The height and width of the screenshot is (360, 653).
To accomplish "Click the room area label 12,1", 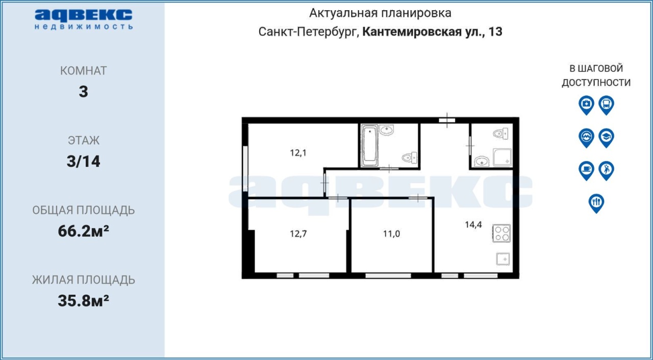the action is pos(298,153).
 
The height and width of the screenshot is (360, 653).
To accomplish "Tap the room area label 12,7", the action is pos(298,234).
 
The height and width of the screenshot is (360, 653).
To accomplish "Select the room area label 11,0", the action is pos(391,234).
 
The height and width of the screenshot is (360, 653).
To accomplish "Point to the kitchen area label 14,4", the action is pos(473,224).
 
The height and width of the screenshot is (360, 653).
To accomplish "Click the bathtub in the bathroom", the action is pos(370,146).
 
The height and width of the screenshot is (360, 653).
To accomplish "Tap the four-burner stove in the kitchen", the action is pos(501,234).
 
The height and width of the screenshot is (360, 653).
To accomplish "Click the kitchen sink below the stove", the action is pos(503,259).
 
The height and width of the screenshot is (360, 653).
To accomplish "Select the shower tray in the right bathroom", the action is pos(503,157).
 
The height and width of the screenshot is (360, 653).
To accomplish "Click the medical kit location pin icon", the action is pos(586,105).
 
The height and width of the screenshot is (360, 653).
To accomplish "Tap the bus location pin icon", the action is pos(607,105).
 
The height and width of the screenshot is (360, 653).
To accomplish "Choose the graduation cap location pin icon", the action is pos(607,138).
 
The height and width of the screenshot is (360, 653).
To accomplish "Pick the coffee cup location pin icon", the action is pos(586,171).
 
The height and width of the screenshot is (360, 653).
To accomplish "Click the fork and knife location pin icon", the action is pos(596,203).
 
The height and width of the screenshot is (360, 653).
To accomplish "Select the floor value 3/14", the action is pos(83,161).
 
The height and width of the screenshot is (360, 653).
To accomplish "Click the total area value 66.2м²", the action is pos(83,231).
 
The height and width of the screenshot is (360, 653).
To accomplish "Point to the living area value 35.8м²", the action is pos(83,300).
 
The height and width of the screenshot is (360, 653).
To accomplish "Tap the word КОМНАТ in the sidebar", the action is pos(83,71).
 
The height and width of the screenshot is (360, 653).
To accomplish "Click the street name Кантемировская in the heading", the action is pos(412,32).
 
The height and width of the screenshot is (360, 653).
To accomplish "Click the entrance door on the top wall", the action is pos(447,120).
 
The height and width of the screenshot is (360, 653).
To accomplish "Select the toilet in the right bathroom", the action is pos(501,134).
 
